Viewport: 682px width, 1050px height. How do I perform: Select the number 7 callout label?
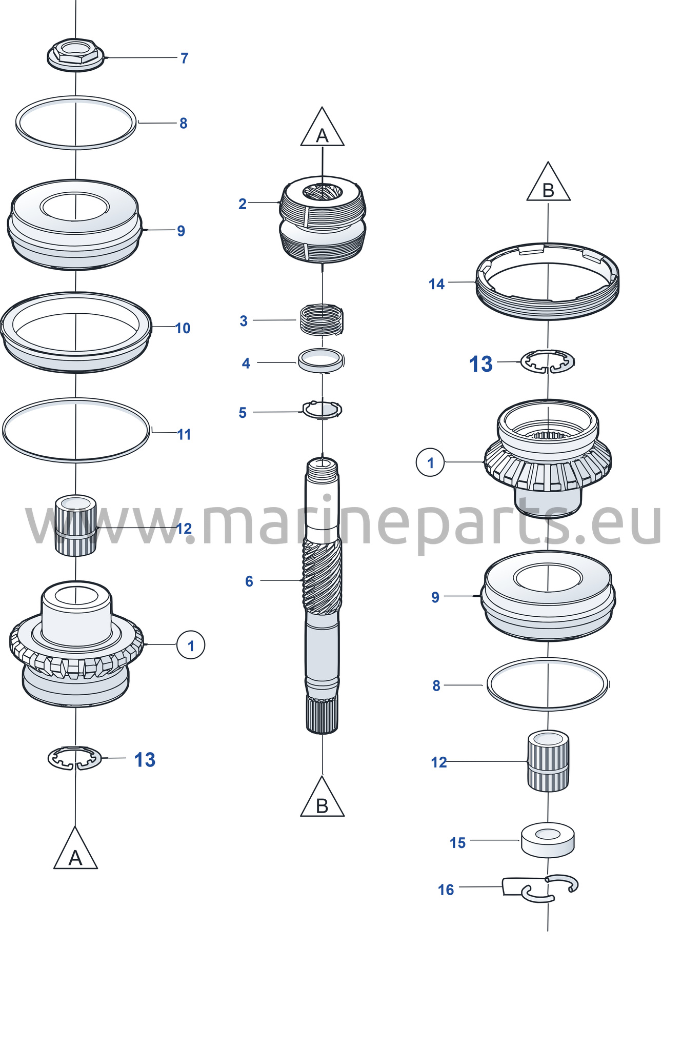(x=185, y=58)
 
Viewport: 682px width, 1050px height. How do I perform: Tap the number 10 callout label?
(x=183, y=328)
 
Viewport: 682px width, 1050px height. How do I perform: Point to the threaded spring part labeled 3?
(x=322, y=320)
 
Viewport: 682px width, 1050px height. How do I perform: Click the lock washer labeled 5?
(x=322, y=410)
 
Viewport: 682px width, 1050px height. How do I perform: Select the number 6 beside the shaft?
(x=249, y=581)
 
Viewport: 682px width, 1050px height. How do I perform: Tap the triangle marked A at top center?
(x=322, y=127)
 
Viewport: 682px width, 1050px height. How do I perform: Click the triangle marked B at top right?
(x=548, y=182)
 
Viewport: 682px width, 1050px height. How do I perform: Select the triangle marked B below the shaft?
(x=322, y=797)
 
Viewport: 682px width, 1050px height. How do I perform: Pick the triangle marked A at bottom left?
(x=75, y=848)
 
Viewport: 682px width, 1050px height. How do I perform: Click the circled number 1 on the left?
(x=191, y=645)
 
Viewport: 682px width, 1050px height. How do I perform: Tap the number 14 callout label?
(x=436, y=284)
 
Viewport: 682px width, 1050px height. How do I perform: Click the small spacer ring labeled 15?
(x=548, y=840)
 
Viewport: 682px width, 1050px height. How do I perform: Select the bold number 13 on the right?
(x=480, y=365)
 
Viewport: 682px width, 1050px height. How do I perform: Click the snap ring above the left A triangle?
(x=75, y=758)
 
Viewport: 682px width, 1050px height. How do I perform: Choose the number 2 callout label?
(x=243, y=204)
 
